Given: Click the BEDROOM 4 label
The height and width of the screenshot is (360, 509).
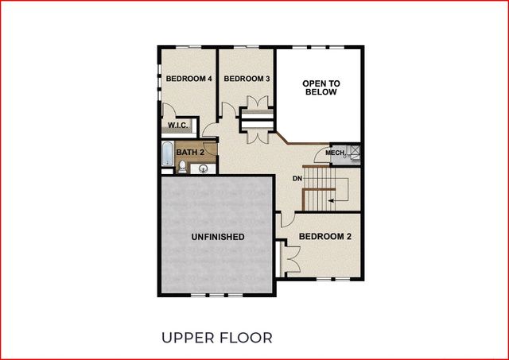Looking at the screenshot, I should [188, 79].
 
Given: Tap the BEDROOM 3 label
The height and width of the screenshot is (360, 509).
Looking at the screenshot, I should [247, 79].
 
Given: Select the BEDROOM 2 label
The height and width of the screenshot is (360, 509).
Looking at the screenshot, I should [325, 237].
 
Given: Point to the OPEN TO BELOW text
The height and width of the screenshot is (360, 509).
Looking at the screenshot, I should [321, 87].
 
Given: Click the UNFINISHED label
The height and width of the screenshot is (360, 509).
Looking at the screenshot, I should [217, 237].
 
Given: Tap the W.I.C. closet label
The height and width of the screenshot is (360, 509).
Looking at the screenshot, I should [177, 126].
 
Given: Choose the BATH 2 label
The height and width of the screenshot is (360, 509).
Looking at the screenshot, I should [190, 151].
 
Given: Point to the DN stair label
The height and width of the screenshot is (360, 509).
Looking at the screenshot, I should [297, 179].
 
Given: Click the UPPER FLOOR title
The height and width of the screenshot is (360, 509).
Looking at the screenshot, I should [216, 338].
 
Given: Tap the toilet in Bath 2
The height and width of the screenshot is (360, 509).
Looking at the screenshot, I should [183, 166].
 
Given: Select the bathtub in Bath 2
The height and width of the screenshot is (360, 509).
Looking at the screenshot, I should [166, 155].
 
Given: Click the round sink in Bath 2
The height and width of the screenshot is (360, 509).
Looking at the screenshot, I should [204, 168].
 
